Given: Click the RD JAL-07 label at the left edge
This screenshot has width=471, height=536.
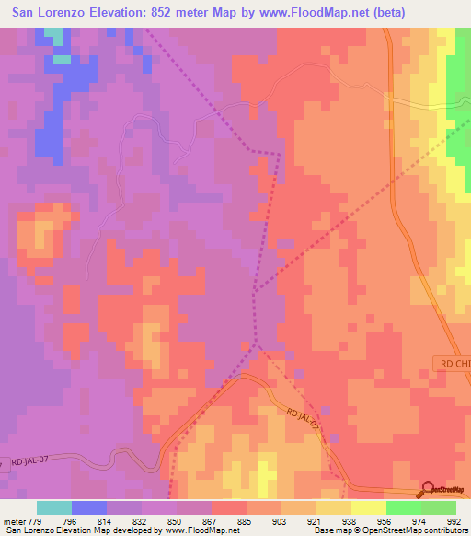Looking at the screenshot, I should [x=24, y=460].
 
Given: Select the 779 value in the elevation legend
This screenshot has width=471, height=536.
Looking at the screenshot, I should [x=29, y=520].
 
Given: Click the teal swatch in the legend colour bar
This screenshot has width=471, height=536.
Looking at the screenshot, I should [x=54, y=507].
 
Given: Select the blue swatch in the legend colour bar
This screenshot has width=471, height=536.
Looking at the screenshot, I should [x=89, y=507].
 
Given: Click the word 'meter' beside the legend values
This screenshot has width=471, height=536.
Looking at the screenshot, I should [x=11, y=520].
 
